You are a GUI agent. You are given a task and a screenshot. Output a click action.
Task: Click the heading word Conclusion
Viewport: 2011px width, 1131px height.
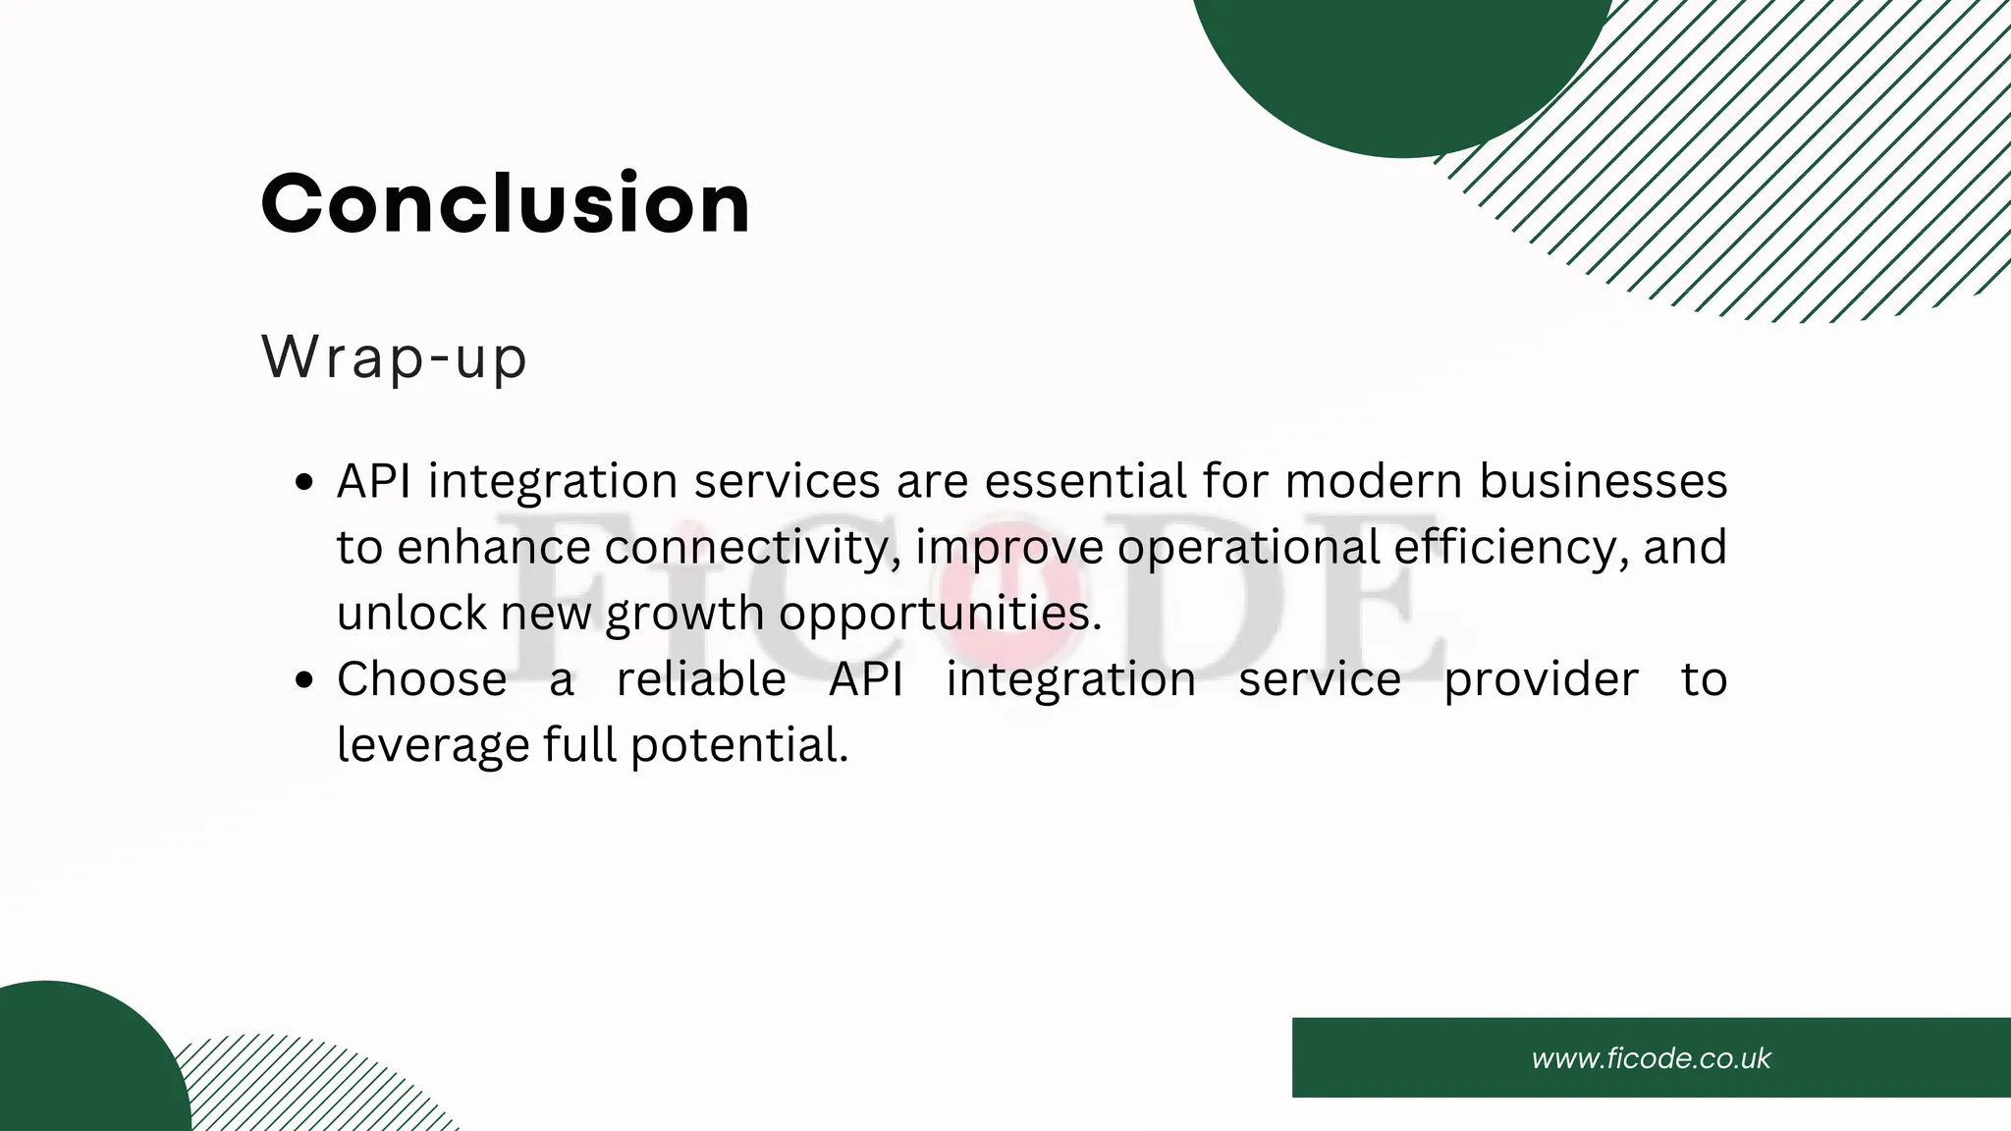506,203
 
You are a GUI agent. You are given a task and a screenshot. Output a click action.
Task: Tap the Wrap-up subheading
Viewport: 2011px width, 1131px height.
395,357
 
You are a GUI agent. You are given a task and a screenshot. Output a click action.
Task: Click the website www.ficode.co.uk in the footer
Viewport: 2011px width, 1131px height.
1651,1058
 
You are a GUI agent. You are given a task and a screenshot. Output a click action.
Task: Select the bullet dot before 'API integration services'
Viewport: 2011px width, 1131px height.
304,483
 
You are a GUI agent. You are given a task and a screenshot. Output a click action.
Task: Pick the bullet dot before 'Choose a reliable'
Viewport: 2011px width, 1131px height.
304,680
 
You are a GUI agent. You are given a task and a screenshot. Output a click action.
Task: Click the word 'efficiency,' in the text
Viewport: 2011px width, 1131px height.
1511,547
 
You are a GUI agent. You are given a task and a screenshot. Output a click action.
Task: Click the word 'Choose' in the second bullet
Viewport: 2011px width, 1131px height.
422,678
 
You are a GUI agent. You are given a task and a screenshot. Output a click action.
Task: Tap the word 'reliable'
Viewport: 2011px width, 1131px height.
701,678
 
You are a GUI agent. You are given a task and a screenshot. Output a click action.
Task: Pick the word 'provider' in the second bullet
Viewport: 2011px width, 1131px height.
1541,678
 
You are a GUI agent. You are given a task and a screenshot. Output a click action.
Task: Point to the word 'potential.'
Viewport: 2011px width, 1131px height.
738,745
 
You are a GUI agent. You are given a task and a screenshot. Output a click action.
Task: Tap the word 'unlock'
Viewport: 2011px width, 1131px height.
411,613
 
